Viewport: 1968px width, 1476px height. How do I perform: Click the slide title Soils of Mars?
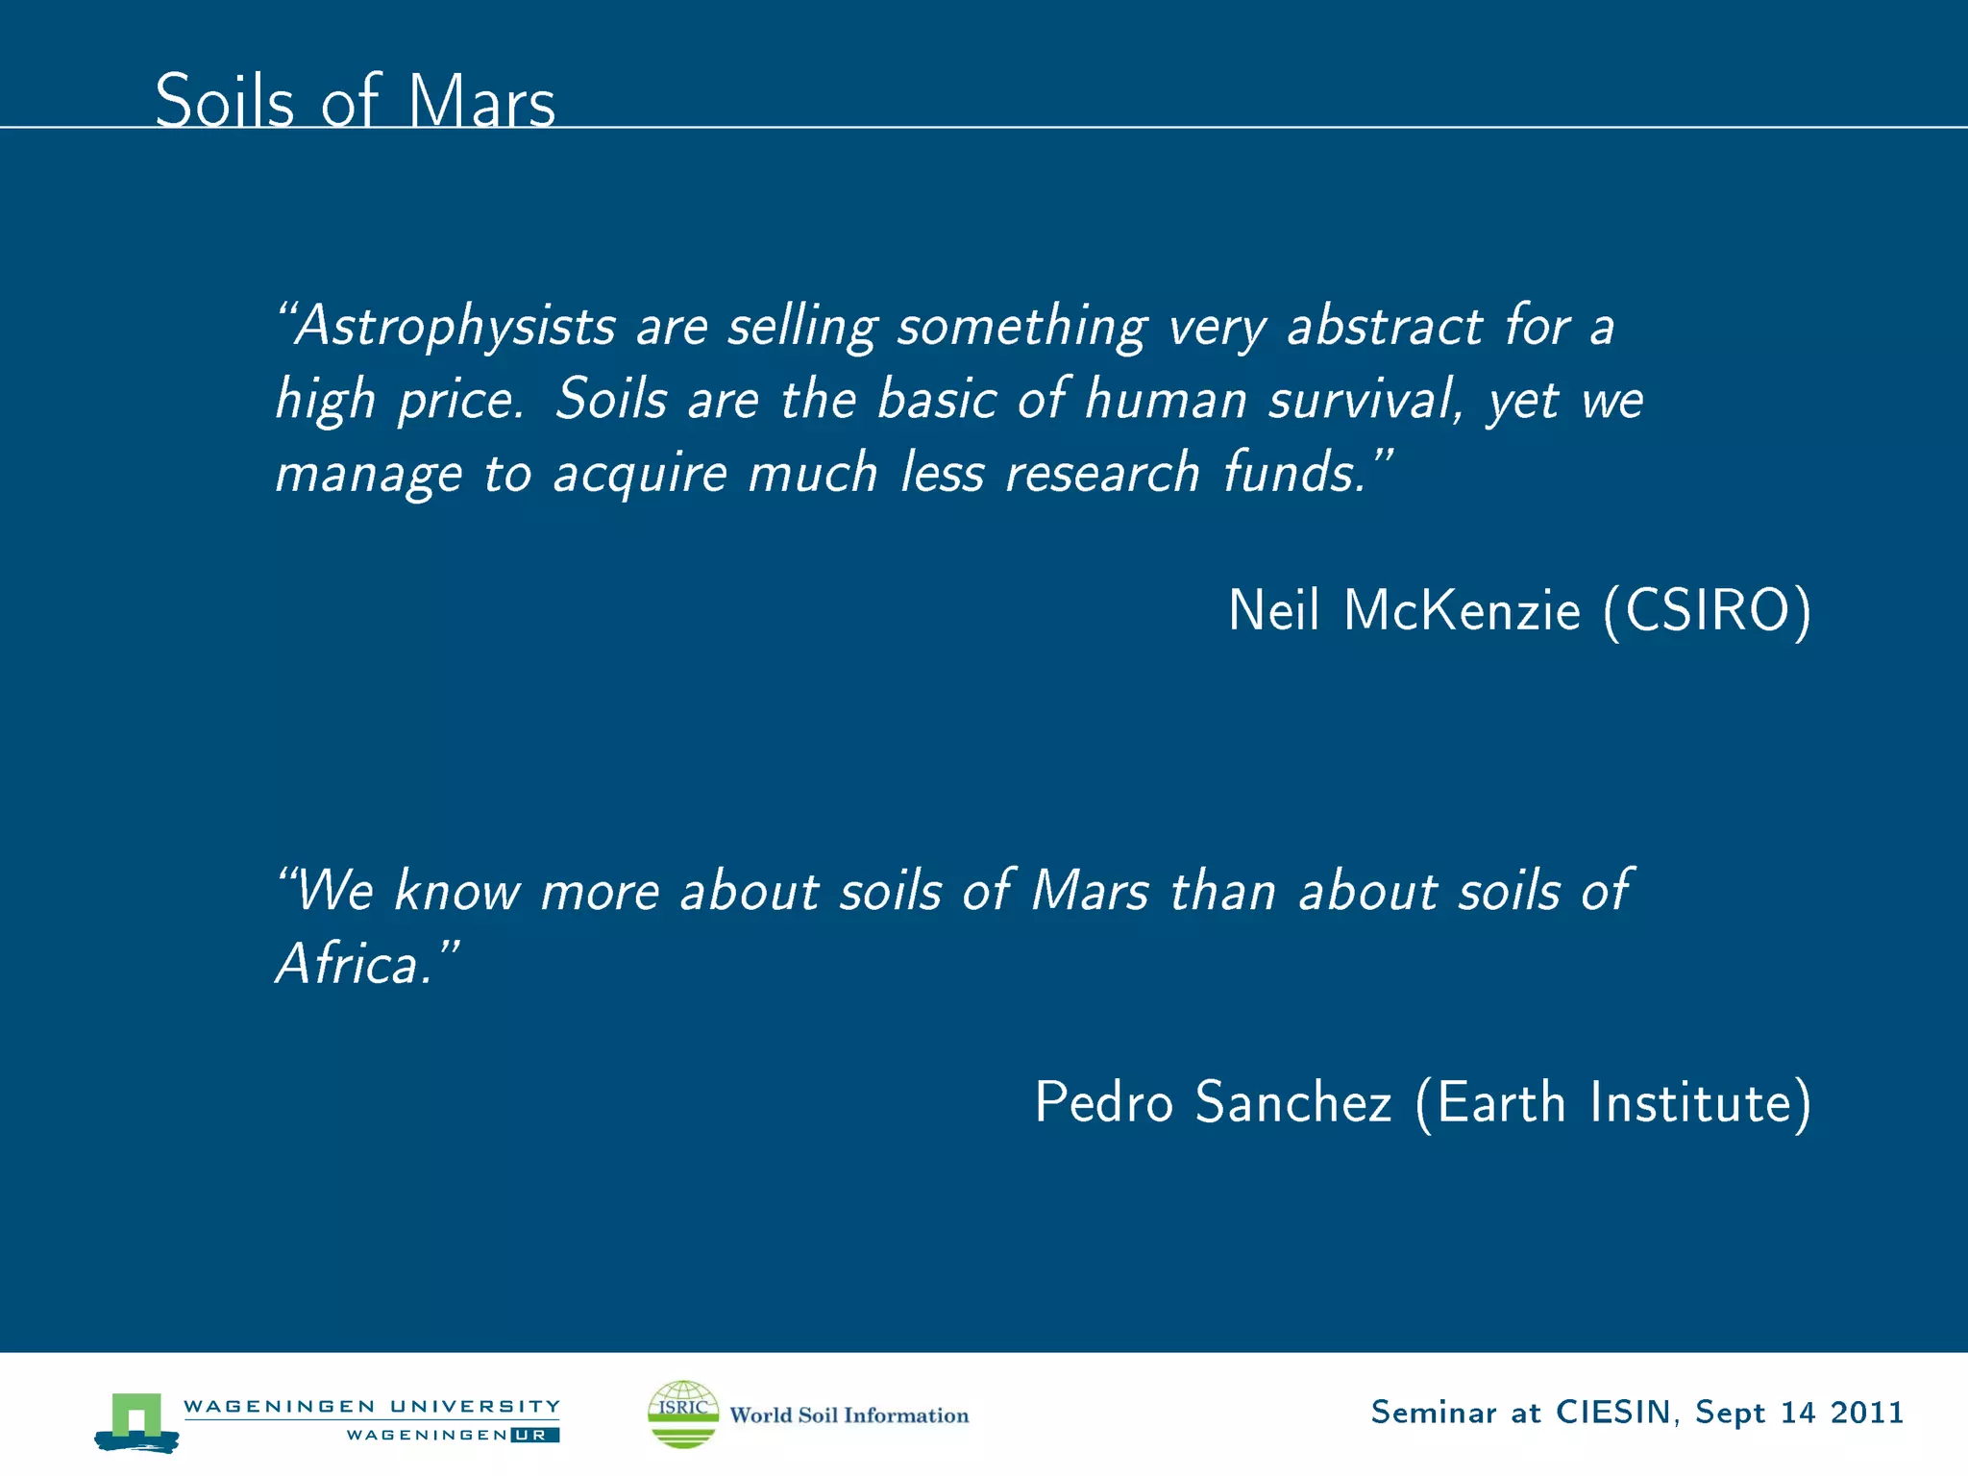(x=355, y=101)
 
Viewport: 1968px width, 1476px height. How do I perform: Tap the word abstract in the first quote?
(x=1385, y=326)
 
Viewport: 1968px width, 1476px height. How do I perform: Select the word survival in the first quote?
(x=1365, y=399)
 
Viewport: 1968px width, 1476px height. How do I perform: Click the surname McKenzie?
(x=1462, y=610)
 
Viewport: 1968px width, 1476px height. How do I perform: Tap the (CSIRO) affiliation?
(x=1707, y=611)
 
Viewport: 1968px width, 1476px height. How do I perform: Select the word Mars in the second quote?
(x=1089, y=891)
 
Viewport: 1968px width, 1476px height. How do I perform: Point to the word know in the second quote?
(x=457, y=891)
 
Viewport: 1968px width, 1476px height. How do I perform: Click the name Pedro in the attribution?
(x=1103, y=1102)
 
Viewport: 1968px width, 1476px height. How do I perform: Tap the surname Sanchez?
(x=1293, y=1102)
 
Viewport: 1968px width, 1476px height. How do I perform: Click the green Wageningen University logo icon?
(x=136, y=1420)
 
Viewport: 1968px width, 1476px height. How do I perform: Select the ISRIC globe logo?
(x=683, y=1414)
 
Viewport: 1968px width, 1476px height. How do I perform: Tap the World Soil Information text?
(x=849, y=1415)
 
